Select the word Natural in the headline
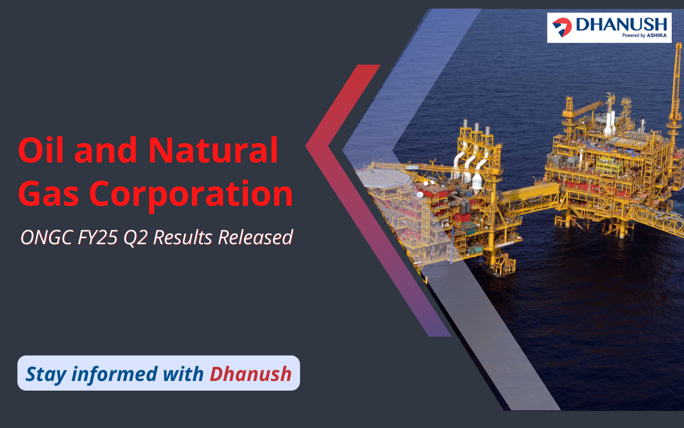(x=213, y=150)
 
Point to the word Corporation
(x=191, y=196)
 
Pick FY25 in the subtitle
(x=98, y=237)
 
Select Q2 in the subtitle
(x=136, y=238)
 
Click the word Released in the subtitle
(x=255, y=237)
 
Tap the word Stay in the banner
(x=46, y=375)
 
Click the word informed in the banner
(x=114, y=373)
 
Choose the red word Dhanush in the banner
(x=251, y=373)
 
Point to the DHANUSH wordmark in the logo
(x=621, y=25)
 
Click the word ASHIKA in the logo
(x=657, y=35)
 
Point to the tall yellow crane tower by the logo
(x=674, y=101)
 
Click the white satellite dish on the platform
(x=420, y=194)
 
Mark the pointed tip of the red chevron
(x=306, y=146)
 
